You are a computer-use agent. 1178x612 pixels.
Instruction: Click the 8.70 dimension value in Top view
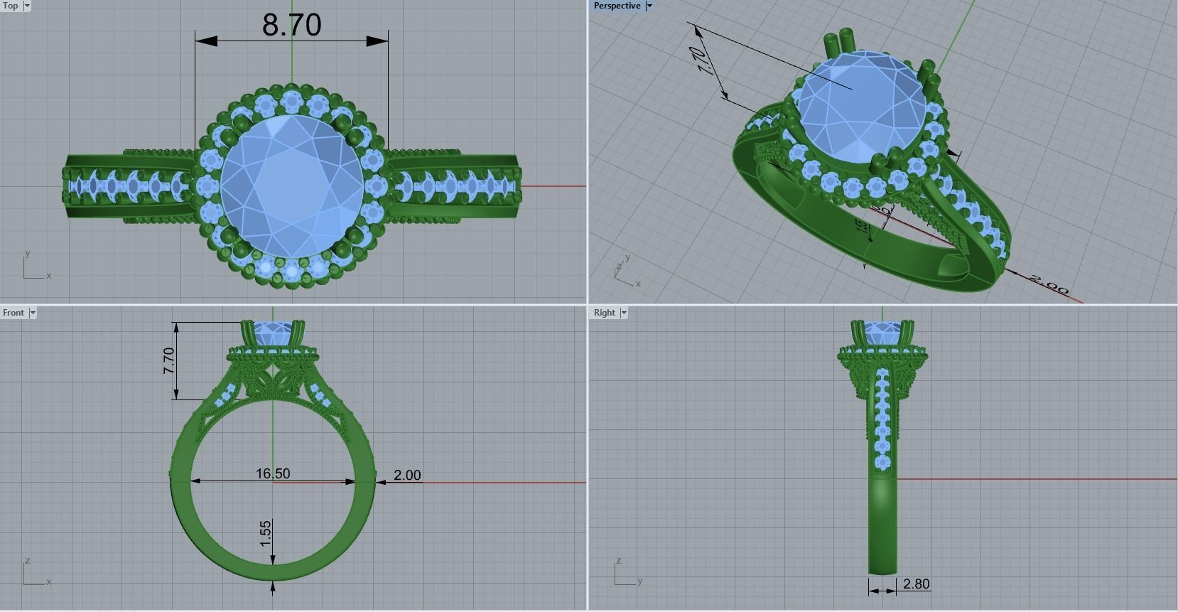click(291, 25)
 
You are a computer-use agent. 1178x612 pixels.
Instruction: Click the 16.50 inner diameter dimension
click(273, 473)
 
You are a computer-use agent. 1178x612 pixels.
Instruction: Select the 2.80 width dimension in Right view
click(916, 584)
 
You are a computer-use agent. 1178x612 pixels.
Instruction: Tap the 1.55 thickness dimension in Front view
click(266, 534)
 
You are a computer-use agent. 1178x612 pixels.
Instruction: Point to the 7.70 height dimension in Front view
click(168, 361)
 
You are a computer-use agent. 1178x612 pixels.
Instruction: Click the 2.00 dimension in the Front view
click(407, 475)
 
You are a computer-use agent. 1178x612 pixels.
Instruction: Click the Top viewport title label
click(11, 6)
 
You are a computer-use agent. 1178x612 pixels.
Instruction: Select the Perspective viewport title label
click(617, 6)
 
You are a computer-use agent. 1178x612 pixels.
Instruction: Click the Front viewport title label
click(13, 313)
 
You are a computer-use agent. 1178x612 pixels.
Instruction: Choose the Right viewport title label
click(604, 313)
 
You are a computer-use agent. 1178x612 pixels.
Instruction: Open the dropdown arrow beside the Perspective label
click(649, 6)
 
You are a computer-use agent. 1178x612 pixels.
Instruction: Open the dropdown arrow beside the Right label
click(624, 313)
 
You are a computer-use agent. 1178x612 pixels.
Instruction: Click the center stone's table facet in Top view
click(291, 187)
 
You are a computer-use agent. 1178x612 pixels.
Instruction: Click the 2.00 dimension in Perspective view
click(1049, 284)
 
